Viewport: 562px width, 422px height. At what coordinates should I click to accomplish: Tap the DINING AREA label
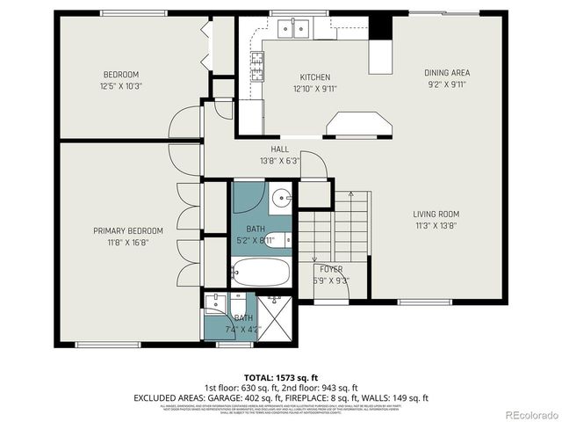pos(446,73)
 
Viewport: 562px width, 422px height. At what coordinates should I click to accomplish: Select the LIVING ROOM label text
pos(436,214)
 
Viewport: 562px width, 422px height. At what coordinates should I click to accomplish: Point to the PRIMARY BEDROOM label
pos(128,230)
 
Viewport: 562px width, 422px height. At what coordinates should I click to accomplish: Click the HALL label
pos(280,149)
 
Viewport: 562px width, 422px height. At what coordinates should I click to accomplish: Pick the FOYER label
pos(331,269)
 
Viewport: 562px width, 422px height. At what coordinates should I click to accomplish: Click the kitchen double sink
pos(294,30)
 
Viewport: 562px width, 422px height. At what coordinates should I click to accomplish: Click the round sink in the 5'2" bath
pos(280,198)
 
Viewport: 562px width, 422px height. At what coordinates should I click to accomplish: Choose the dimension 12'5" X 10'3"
pos(120,87)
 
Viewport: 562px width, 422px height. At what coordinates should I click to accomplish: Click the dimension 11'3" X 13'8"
pos(436,226)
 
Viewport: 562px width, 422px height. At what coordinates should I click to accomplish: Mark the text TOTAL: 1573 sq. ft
pos(281,375)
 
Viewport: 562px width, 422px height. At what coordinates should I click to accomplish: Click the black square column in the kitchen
pos(379,26)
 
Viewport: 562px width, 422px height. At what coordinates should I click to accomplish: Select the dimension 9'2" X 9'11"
pos(446,85)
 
